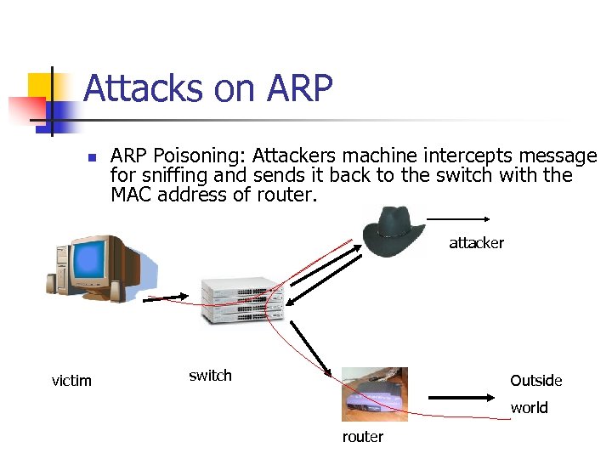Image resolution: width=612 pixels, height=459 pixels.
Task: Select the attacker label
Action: pyautogui.click(x=476, y=243)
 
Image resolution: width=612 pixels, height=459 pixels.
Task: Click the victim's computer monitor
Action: pyautogui.click(x=99, y=264)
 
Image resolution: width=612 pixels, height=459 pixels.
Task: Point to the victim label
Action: pyautogui.click(x=71, y=380)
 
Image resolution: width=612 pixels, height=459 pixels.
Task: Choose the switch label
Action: pyautogui.click(x=210, y=376)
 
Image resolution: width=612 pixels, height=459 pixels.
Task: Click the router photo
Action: pyautogui.click(x=374, y=394)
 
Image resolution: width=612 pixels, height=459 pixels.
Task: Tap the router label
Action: pyautogui.click(x=363, y=437)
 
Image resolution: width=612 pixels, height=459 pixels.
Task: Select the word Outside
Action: pyautogui.click(x=535, y=380)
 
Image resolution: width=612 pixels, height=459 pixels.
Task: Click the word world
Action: pyautogui.click(x=529, y=407)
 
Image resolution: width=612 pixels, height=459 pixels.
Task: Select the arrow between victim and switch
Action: pyautogui.click(x=166, y=298)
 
